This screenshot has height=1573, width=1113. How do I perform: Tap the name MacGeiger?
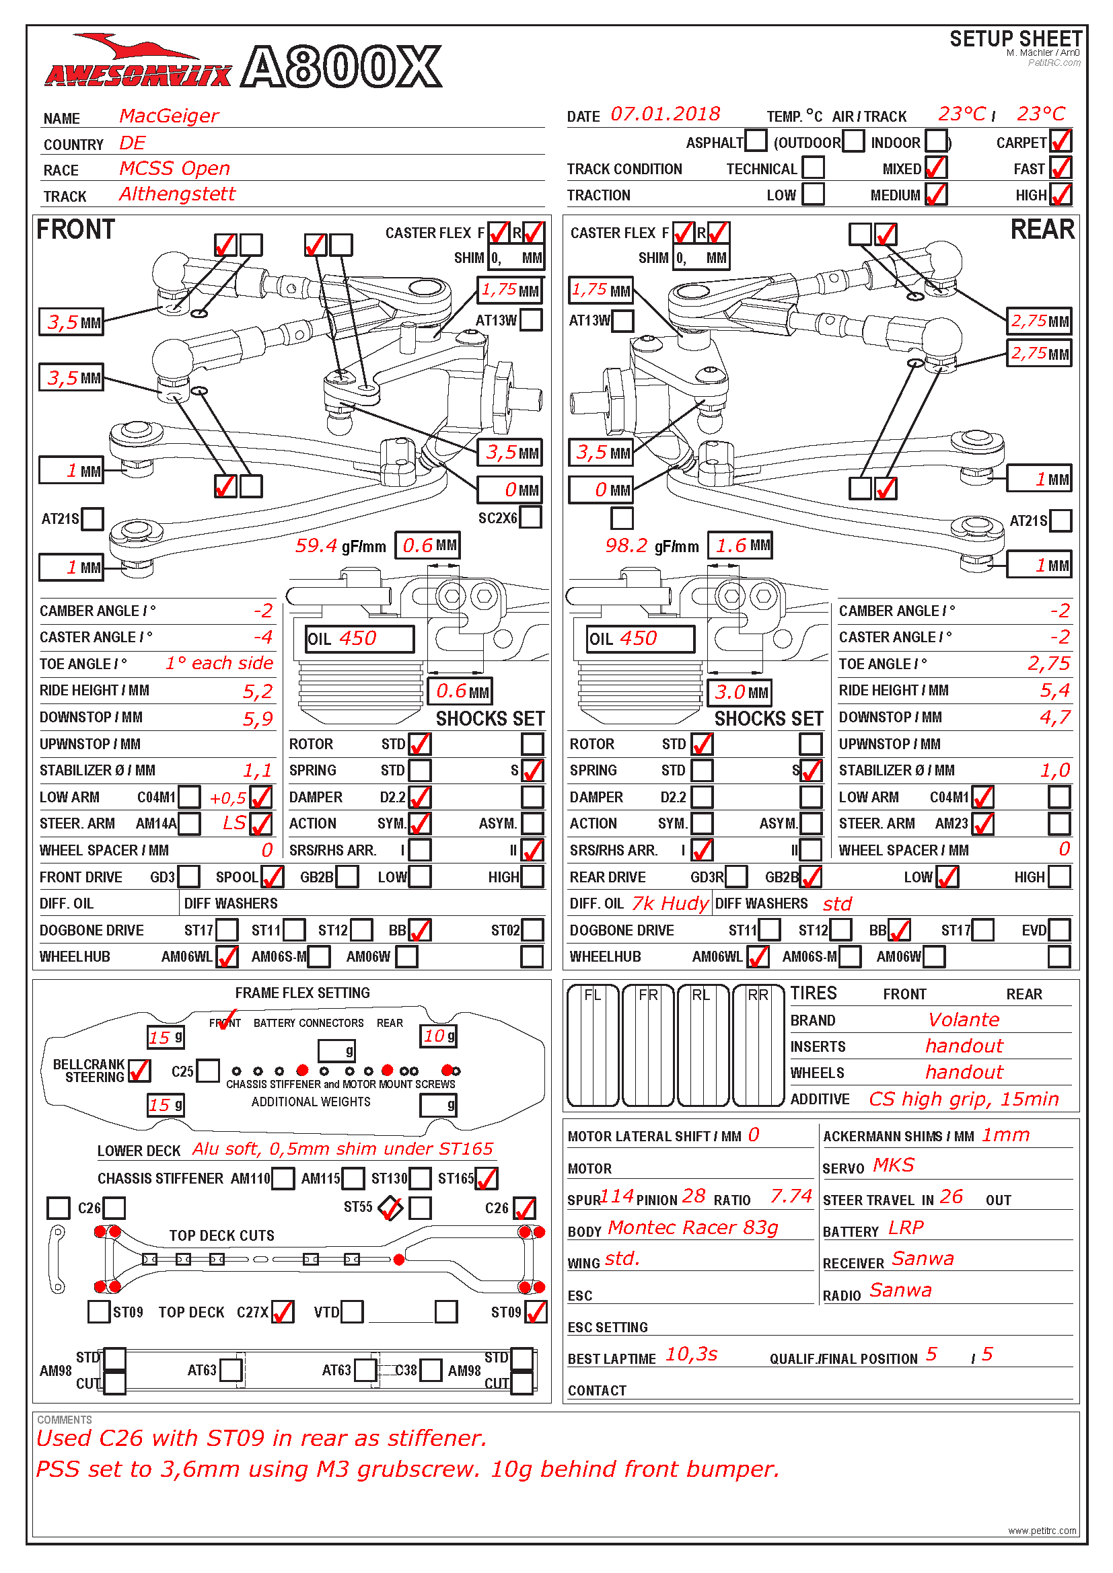coord(169,116)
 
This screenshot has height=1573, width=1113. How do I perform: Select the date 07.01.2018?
coord(665,114)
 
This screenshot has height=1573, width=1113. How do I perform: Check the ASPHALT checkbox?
coord(755,141)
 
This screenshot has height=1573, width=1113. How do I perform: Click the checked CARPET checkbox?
coord(1060,141)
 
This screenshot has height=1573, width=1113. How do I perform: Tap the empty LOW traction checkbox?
coord(813,194)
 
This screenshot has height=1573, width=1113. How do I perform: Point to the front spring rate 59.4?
coord(316,545)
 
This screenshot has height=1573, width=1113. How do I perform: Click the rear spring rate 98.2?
coord(626,545)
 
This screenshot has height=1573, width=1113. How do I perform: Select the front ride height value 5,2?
coord(258,691)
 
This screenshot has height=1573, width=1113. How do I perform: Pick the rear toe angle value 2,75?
coord(1048,663)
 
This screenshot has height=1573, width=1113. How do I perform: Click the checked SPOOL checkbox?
coord(272,876)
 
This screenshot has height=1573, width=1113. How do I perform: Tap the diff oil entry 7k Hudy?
coord(670,903)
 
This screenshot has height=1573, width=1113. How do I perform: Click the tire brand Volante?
coord(963,1020)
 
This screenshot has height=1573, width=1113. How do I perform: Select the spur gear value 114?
coord(618,1196)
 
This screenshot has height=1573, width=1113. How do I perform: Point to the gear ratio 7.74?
coord(790,1196)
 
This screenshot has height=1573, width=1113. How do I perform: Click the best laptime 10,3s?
coord(691,1354)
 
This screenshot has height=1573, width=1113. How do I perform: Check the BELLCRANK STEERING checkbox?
coord(139,1070)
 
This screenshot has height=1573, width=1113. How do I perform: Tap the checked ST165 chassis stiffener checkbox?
coord(486,1178)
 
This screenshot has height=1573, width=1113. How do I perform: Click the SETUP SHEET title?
coord(1015,39)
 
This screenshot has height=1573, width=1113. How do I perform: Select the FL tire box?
coord(593,1045)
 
